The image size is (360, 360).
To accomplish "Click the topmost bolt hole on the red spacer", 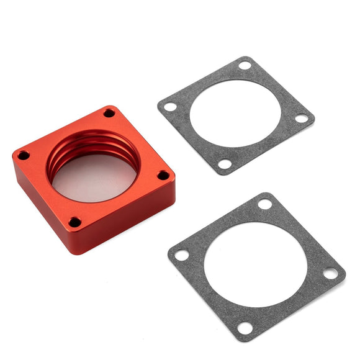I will tap(109, 113).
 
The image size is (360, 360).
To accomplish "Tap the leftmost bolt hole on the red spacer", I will tap(23, 155).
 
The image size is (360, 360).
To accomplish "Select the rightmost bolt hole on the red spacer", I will tap(163, 176).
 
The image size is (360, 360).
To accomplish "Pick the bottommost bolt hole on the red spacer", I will tap(74, 222).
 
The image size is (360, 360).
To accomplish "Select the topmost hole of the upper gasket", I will tap(245, 65).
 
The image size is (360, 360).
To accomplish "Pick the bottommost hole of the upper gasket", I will tap(225, 164).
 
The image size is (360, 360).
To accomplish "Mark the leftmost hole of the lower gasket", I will tap(181, 254).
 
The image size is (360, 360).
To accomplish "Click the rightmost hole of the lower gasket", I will tap(330, 273).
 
